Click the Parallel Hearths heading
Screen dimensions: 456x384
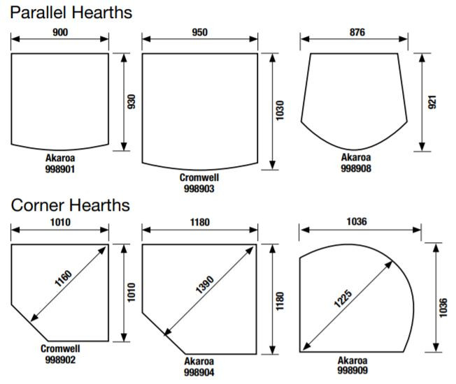pyautogui.click(x=71, y=13)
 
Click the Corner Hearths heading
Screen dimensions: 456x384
pyautogui.click(x=71, y=205)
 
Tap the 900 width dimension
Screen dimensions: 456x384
pyautogui.click(x=60, y=32)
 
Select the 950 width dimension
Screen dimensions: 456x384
pyautogui.click(x=200, y=32)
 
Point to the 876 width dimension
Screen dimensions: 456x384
pyautogui.click(x=357, y=32)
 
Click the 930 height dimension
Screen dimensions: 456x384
pyautogui.click(x=131, y=102)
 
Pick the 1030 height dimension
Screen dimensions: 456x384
pyautogui.click(x=280, y=110)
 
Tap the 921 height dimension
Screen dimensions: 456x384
pyautogui.click(x=432, y=102)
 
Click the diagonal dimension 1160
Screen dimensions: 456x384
pyautogui.click(x=64, y=279)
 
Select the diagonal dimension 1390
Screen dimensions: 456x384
pyautogui.click(x=205, y=285)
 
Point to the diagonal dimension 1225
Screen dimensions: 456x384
pyautogui.click(x=343, y=299)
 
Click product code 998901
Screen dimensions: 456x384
pyautogui.click(x=60, y=169)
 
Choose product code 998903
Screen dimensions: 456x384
pyautogui.click(x=199, y=189)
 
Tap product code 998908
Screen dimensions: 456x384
pyautogui.click(x=356, y=168)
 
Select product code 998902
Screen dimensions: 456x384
pyautogui.click(x=60, y=360)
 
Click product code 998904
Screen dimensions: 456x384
pyautogui.click(x=199, y=372)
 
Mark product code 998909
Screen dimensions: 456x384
pyautogui.click(x=352, y=370)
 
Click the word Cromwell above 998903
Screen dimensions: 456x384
pyautogui.click(x=199, y=177)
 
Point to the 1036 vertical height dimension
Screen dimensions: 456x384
pyautogui.click(x=443, y=308)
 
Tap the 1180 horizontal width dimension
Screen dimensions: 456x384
pyautogui.click(x=200, y=222)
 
